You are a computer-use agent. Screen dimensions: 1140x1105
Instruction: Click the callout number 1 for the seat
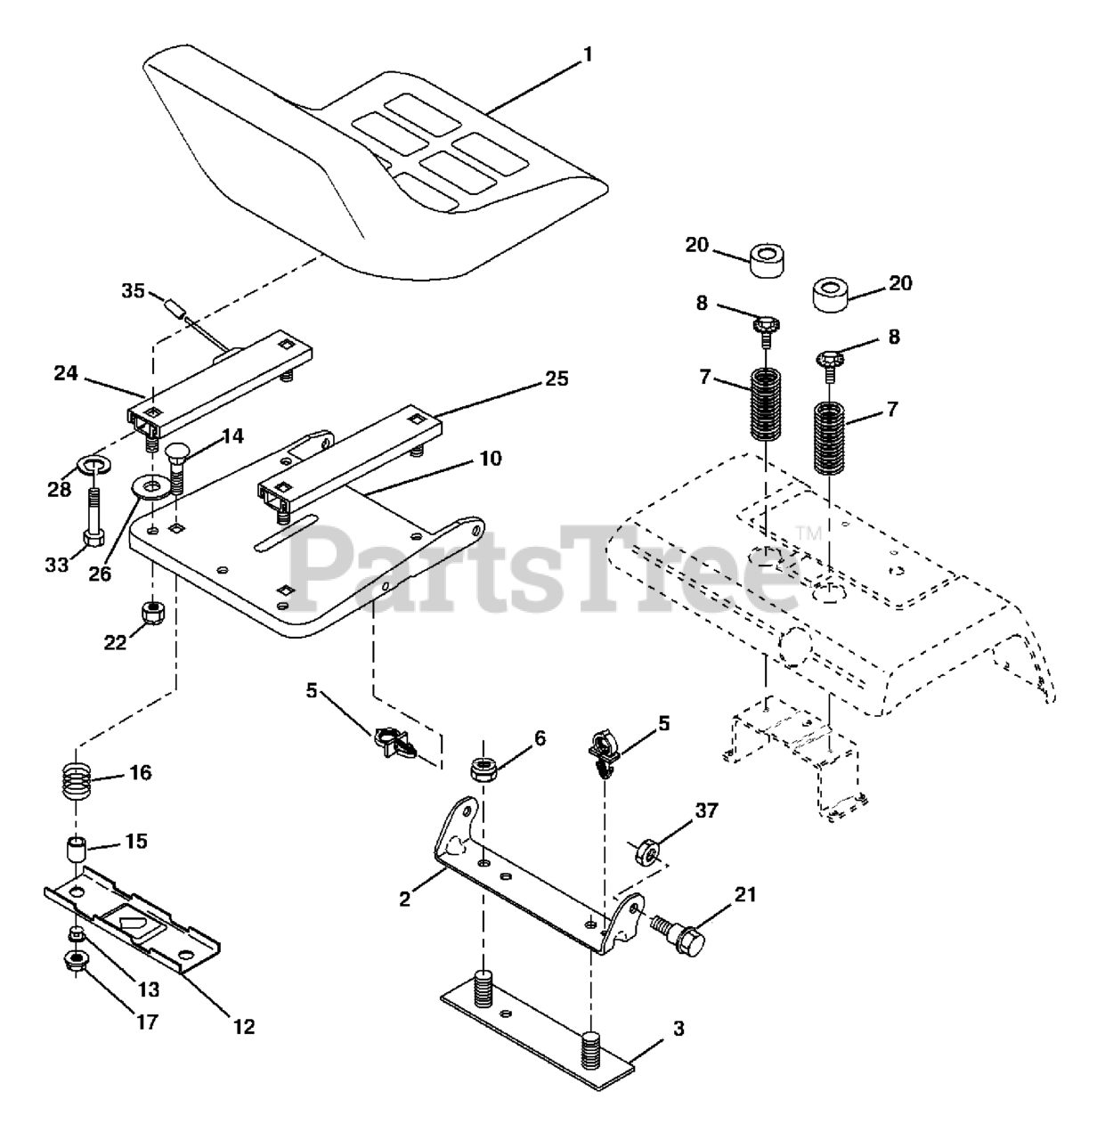(587, 54)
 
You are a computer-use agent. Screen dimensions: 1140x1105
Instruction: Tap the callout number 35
(133, 290)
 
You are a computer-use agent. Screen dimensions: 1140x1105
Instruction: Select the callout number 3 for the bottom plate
(678, 1030)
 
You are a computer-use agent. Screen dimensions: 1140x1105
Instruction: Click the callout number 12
(243, 1026)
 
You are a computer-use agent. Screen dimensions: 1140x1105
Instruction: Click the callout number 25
(557, 378)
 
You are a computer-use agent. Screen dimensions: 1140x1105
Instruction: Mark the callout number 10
(490, 459)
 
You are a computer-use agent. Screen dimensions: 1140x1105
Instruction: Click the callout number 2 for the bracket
(405, 899)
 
